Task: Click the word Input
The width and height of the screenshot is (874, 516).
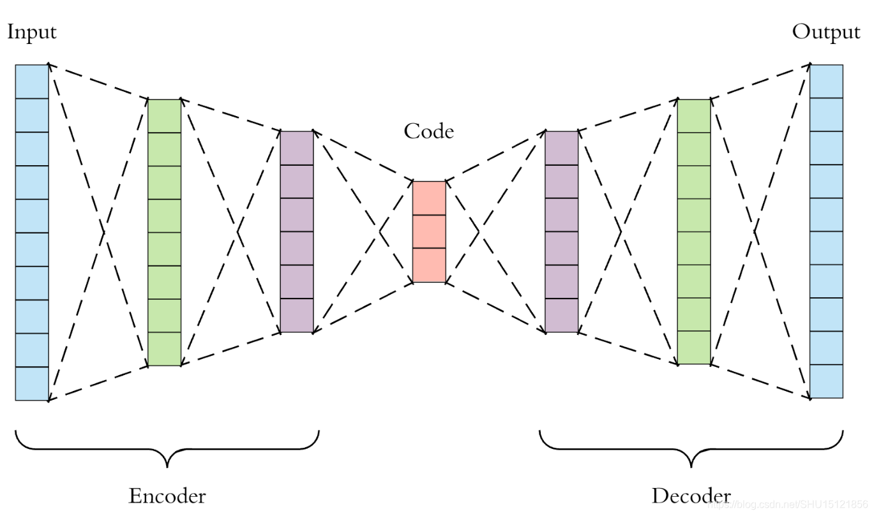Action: (x=31, y=32)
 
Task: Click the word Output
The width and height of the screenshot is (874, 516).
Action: (x=826, y=32)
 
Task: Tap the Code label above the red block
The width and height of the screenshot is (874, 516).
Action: (x=428, y=131)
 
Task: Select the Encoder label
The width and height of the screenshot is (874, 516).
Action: (x=167, y=496)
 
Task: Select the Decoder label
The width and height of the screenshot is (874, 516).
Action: (x=691, y=496)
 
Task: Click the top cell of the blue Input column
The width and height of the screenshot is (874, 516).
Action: (x=32, y=82)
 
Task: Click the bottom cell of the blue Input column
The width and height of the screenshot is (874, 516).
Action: (x=32, y=384)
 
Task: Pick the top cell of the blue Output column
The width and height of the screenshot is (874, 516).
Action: (x=826, y=82)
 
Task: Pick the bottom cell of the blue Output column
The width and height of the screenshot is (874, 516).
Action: (x=826, y=381)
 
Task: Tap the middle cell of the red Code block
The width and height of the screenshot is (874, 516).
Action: (x=428, y=232)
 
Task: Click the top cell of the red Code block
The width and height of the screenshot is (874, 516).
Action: (x=428, y=198)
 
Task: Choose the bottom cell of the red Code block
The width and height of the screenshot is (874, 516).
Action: (x=428, y=265)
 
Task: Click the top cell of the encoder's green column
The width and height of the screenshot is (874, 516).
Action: (x=165, y=116)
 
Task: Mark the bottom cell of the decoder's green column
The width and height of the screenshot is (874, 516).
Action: (x=693, y=348)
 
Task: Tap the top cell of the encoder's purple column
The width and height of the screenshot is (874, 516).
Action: (x=297, y=148)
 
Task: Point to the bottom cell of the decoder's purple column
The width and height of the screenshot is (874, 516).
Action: (x=562, y=316)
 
